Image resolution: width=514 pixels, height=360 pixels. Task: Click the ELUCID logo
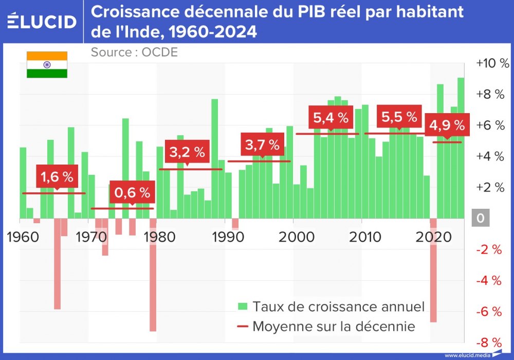pos(42,22)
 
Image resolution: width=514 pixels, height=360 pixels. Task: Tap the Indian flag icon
pos(47,65)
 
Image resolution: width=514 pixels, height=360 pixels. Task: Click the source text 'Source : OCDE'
pos(134,52)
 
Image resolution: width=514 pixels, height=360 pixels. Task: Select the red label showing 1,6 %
pos(57,177)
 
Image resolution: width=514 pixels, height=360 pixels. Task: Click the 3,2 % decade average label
pos(187,152)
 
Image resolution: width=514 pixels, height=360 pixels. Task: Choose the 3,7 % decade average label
pos(263,145)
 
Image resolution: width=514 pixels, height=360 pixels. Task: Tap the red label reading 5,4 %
pos(331,118)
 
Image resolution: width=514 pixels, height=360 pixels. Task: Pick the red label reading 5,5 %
pos(399,117)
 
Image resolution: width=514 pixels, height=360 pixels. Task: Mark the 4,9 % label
pos(446,125)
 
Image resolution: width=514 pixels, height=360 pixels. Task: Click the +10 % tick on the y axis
pos(492,63)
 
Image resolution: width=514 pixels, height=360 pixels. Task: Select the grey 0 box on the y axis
pos(481,218)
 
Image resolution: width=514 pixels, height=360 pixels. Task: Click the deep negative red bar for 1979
pos(153,275)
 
